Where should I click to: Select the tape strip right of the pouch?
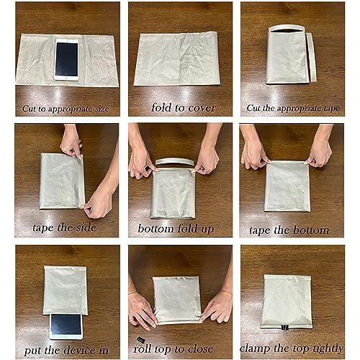[x=311, y=58]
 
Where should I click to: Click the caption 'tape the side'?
[x=65, y=230]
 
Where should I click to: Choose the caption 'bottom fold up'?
[x=180, y=230]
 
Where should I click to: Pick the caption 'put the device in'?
[x=66, y=350]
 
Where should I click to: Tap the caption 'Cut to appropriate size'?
[x=66, y=109]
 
